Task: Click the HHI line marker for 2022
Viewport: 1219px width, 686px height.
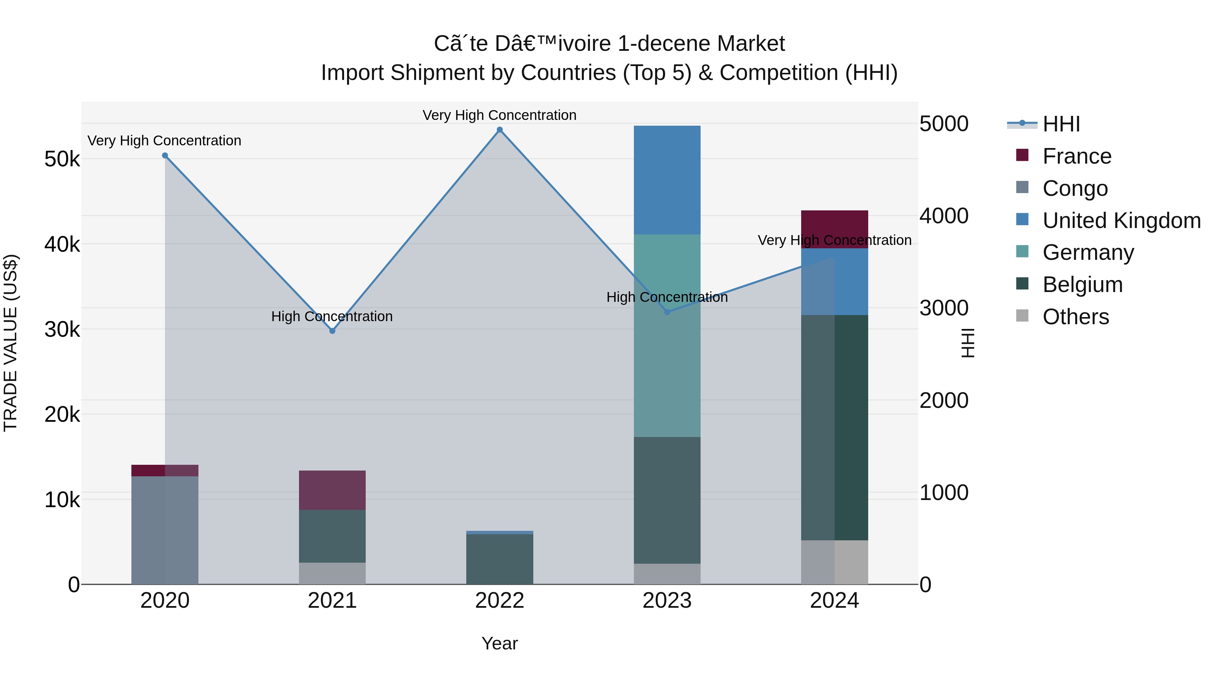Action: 500,130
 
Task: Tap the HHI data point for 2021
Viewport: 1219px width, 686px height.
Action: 332,331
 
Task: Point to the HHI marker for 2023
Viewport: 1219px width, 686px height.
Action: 667,312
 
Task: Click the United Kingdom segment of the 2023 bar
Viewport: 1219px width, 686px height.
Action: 667,180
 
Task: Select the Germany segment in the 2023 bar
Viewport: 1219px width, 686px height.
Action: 667,335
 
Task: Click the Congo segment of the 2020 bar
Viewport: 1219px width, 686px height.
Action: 165,530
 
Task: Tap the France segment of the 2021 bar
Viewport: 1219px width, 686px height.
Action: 332,490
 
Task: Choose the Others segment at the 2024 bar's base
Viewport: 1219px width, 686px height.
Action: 835,562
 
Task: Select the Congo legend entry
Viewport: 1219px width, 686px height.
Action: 1075,188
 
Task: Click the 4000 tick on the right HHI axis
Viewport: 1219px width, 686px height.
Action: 944,216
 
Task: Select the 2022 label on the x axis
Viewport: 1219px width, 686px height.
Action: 500,601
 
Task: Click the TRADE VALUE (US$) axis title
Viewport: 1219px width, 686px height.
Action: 10,343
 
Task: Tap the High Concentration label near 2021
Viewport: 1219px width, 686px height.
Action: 332,316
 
